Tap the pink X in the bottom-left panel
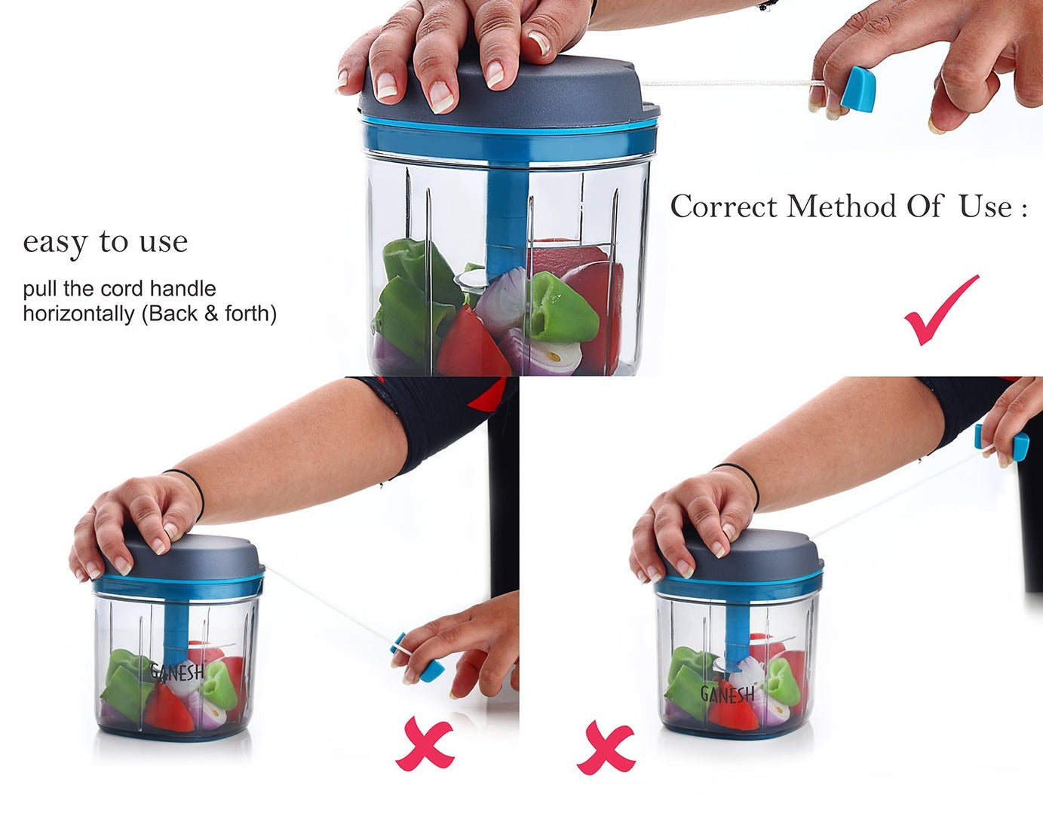(425, 743)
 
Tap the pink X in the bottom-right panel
(606, 747)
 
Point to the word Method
(842, 207)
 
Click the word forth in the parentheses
(247, 314)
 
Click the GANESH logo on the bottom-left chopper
(177, 673)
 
